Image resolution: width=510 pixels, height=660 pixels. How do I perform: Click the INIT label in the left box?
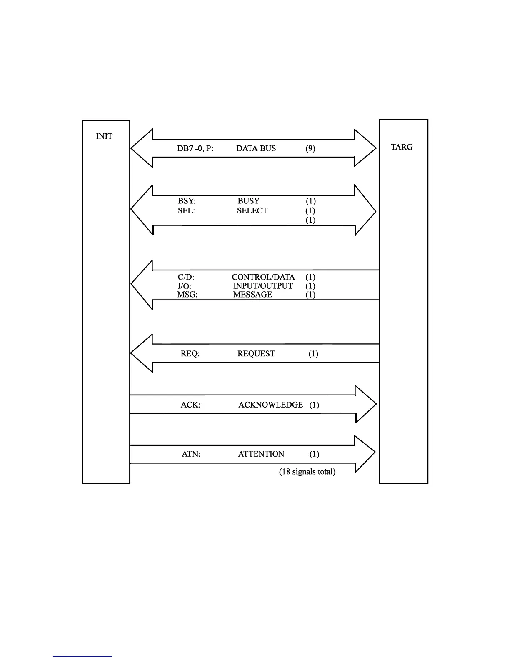(x=104, y=137)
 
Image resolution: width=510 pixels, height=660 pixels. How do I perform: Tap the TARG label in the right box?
(x=402, y=147)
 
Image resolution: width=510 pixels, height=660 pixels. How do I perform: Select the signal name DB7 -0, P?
(x=195, y=148)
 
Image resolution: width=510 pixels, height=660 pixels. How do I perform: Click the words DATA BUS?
(x=256, y=148)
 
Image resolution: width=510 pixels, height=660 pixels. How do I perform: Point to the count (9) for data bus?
(x=310, y=148)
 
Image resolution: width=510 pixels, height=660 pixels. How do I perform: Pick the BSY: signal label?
(x=186, y=201)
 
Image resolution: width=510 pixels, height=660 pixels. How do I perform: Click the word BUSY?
(x=248, y=201)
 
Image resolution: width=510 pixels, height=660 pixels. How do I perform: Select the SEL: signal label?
(x=186, y=211)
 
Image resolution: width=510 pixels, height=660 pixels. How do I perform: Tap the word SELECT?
(x=252, y=211)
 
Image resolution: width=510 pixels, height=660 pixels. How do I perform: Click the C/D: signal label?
(x=186, y=277)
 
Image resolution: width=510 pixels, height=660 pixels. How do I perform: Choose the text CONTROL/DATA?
(x=263, y=277)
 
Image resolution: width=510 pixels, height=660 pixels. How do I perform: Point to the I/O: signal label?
(x=184, y=286)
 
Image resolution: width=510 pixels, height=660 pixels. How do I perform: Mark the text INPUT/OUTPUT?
(x=262, y=286)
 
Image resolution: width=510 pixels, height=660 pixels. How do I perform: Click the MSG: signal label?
(x=187, y=295)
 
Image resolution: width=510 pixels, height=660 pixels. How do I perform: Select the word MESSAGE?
(x=252, y=295)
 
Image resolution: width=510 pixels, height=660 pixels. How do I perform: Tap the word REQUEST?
(x=256, y=354)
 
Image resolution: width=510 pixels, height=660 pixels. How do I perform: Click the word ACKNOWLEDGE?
(x=270, y=405)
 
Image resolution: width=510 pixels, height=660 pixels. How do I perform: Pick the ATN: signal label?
(x=191, y=454)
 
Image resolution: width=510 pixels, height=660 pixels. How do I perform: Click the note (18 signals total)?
(x=307, y=472)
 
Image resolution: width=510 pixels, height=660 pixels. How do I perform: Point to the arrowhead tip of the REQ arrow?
(x=132, y=353)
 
